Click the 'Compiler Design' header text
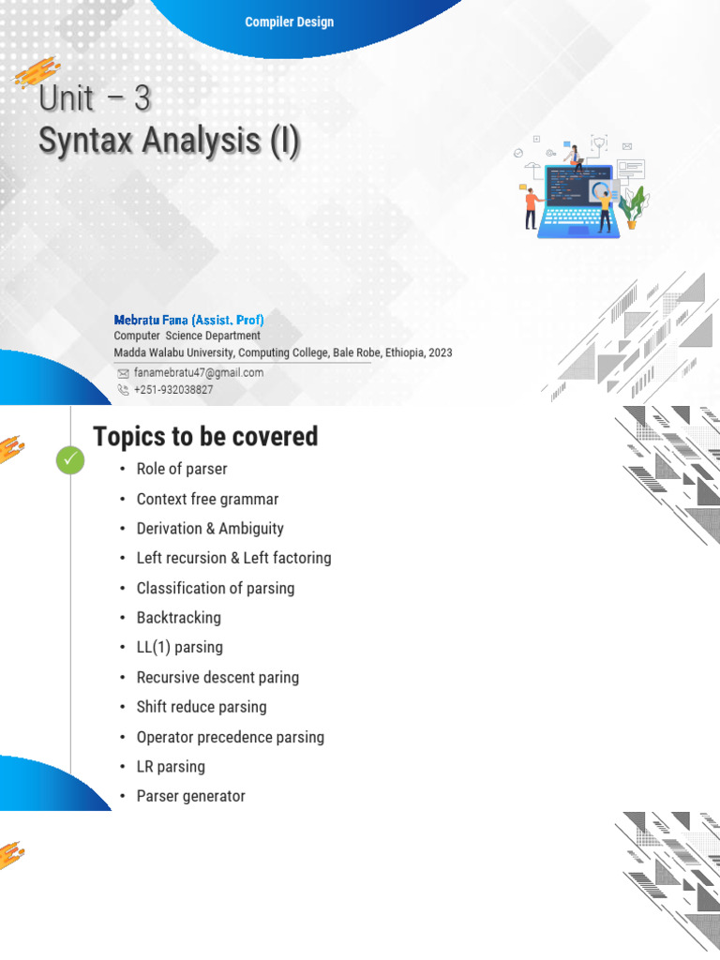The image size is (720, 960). (289, 22)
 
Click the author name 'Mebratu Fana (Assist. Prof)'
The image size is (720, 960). (188, 320)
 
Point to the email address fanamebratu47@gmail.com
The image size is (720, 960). (199, 372)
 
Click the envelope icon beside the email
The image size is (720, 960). (123, 372)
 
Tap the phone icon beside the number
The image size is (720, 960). (123, 389)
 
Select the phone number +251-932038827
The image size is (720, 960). (173, 389)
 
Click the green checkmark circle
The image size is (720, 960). (70, 460)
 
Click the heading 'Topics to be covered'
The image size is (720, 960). (205, 436)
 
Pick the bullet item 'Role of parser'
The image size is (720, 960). (182, 469)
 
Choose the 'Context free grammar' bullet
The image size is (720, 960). (207, 499)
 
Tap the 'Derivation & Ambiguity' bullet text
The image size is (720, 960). (210, 529)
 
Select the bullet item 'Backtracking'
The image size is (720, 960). (179, 618)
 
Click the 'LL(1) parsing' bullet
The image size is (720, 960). (180, 647)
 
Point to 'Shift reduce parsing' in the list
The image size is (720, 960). (202, 707)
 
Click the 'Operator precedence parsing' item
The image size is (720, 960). (231, 737)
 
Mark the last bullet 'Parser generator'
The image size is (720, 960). (191, 796)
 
